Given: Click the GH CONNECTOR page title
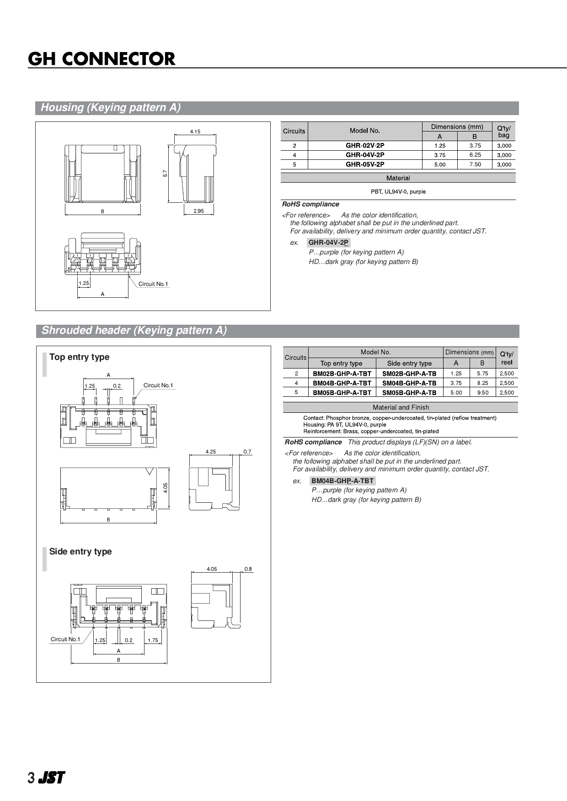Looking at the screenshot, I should [102, 59].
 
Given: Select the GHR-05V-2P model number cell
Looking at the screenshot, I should [364, 164].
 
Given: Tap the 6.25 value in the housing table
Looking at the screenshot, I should [475, 155].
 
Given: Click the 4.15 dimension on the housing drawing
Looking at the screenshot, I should [195, 132].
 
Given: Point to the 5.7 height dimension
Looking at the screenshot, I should [165, 174].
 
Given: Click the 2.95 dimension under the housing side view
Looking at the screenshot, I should [198, 211].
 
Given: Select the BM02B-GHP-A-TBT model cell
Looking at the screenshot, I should [342, 374].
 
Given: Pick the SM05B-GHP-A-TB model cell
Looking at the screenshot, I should [409, 393].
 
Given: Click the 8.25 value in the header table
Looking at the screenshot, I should [482, 383].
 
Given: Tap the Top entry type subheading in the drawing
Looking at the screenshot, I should [79, 357].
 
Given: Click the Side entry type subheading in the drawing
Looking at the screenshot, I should [80, 552].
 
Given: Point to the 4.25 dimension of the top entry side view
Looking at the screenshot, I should [210, 452].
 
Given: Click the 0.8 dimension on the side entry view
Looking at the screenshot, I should [248, 569].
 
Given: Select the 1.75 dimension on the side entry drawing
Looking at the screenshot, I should [153, 640].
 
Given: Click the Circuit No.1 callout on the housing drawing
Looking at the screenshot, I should [153, 284].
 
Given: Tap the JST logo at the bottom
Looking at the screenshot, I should [51, 778].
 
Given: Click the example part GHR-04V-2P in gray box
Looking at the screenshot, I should [328, 242].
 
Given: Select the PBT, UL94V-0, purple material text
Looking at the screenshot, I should [398, 192].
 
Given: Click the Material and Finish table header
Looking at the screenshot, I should [401, 407].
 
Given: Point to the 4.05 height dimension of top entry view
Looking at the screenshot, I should [166, 487].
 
